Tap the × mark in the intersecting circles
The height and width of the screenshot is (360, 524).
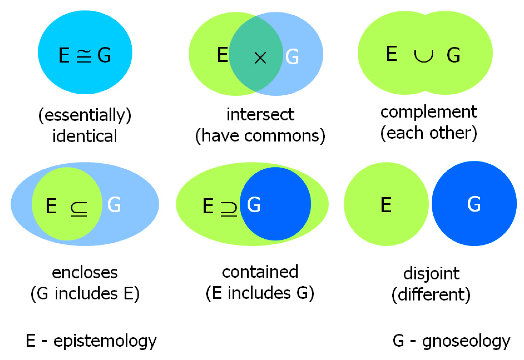260,58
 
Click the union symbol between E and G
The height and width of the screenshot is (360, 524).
423,56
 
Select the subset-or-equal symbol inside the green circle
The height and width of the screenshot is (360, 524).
79,209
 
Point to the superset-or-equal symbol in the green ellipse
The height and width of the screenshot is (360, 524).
229,209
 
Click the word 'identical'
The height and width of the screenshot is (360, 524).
85,136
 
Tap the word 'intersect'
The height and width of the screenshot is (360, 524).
260,115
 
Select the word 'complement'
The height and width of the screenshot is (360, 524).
429,112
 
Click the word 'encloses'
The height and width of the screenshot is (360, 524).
85,273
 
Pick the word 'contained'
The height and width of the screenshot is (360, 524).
260,272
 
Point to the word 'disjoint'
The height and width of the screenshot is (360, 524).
431,274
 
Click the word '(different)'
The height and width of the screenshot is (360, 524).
431,295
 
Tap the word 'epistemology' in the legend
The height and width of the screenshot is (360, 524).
105,341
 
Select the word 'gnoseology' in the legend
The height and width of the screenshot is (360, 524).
466,341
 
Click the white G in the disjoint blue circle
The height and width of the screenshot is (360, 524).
474,204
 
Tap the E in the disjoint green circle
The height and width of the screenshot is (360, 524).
386,205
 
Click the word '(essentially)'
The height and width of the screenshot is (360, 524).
85,115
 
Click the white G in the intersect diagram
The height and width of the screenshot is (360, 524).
292,57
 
